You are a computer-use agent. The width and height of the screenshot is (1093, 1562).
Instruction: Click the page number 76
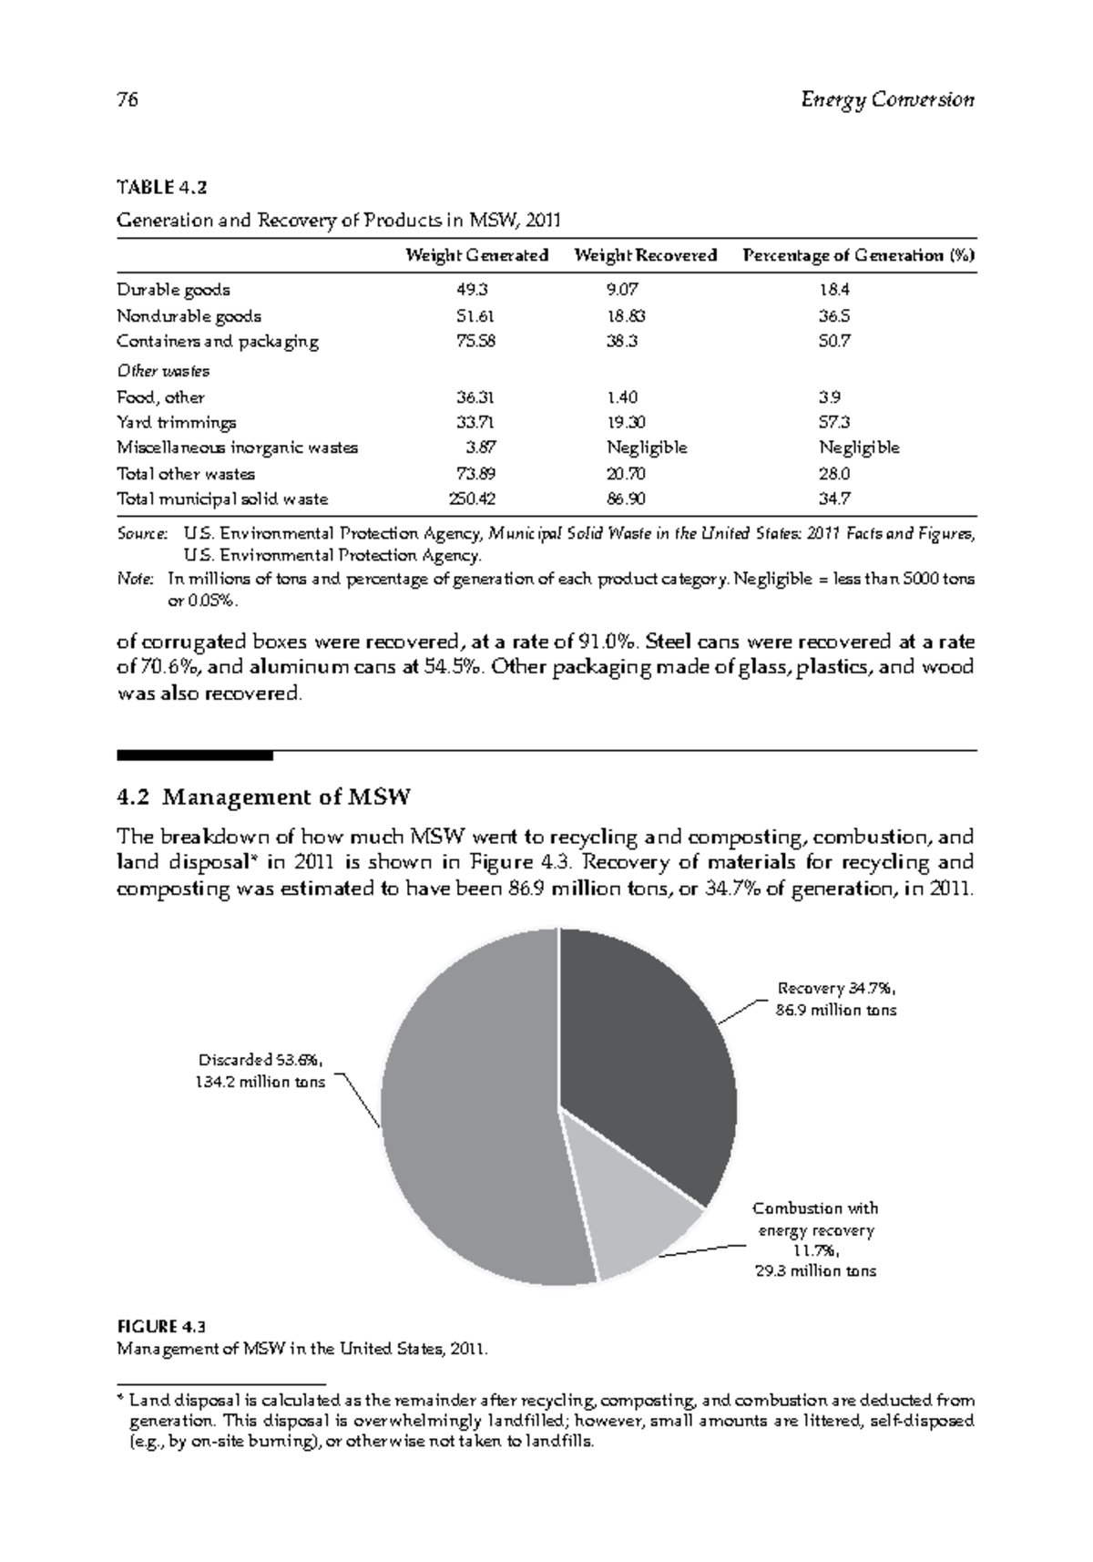128,100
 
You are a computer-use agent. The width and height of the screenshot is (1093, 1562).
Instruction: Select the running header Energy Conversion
887,100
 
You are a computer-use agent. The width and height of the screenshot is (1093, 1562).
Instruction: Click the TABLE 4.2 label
162,189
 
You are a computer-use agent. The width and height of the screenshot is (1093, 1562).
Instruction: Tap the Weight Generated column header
476,255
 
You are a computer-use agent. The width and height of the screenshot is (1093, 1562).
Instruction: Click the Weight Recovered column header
645,255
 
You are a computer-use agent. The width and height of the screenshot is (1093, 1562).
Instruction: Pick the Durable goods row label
173,290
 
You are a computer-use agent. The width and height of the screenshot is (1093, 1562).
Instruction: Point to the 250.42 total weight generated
471,499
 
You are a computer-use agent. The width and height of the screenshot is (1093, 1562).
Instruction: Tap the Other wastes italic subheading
163,371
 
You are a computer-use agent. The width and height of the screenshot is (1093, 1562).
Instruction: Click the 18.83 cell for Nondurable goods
627,316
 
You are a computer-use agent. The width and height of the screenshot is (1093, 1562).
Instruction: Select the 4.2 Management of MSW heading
264,797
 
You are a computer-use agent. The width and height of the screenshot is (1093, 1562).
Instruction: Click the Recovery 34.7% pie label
837,989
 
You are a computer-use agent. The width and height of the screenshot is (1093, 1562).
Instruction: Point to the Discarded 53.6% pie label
260,1060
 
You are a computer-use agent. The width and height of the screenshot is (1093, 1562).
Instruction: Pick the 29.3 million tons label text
815,1271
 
